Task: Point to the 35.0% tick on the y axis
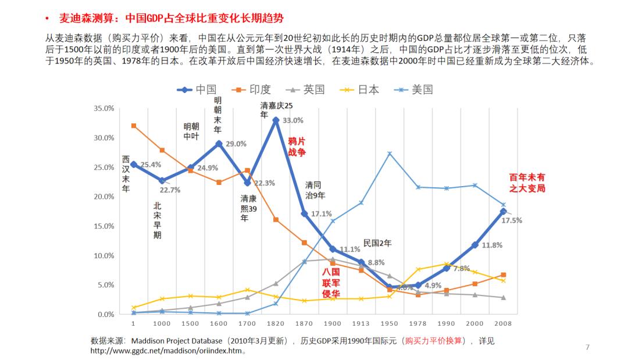pyautogui.click(x=104, y=109)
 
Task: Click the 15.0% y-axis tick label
pyautogui.click(x=104, y=226)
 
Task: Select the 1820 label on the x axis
pyautogui.click(x=276, y=323)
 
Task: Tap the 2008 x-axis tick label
pyautogui.click(x=504, y=323)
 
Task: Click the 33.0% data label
pyautogui.click(x=293, y=120)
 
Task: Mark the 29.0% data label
pyautogui.click(x=236, y=144)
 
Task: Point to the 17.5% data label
pyautogui.click(x=512, y=220)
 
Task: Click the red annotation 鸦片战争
pyautogui.click(x=297, y=147)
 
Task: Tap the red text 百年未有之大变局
pyautogui.click(x=527, y=183)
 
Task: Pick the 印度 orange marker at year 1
pyautogui.click(x=133, y=126)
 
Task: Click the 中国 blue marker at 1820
pyautogui.click(x=276, y=120)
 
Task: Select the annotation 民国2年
pyautogui.click(x=378, y=243)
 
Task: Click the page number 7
pyautogui.click(x=587, y=347)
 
